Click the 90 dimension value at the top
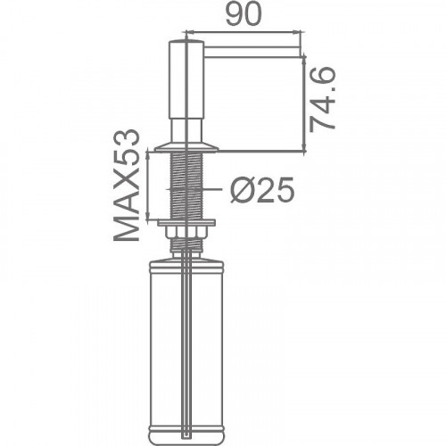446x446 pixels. coord(243,14)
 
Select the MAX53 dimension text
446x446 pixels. coord(127,185)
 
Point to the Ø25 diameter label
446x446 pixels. coord(262,190)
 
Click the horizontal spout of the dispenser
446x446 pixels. coord(252,51)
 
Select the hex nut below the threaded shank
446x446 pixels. coord(186,231)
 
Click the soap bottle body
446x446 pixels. coord(186,351)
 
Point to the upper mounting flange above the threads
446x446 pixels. coord(186,148)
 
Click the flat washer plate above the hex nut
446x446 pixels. coord(186,222)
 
